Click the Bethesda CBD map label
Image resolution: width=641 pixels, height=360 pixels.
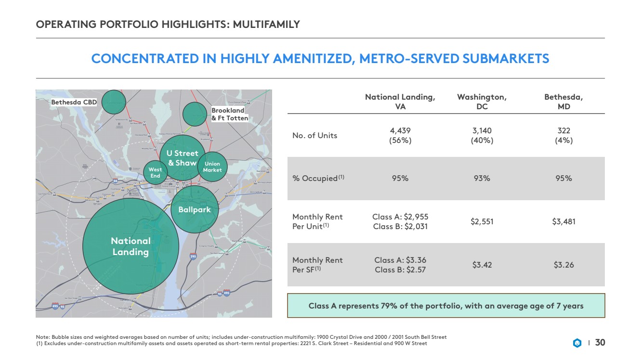(x=74, y=103)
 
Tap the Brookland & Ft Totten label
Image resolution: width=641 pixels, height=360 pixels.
(x=230, y=114)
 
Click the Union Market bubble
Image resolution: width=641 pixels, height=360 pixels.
(x=212, y=167)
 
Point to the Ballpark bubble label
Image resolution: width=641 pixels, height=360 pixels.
(x=195, y=210)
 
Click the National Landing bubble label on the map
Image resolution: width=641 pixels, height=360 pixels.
(x=131, y=246)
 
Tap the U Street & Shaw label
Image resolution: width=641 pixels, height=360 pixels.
(x=183, y=158)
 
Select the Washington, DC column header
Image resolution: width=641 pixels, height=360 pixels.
(x=482, y=102)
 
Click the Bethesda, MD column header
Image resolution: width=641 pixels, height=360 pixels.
(x=563, y=102)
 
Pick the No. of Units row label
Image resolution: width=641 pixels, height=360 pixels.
(x=315, y=135)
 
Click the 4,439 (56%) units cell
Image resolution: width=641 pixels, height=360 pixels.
(x=400, y=135)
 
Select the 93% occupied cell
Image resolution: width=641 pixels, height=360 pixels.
(x=482, y=179)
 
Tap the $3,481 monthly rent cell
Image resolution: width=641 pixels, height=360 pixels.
(x=563, y=222)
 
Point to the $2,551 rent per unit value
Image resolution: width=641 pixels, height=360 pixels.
(x=482, y=222)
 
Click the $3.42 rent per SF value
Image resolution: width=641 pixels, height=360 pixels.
(x=482, y=265)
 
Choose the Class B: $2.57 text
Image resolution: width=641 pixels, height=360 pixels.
(x=400, y=270)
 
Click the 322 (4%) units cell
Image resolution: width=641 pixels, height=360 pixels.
(x=563, y=135)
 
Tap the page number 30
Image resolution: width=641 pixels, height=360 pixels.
(x=600, y=343)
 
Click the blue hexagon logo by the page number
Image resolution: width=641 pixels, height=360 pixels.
(x=577, y=343)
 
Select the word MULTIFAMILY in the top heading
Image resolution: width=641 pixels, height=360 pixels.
(x=266, y=24)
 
